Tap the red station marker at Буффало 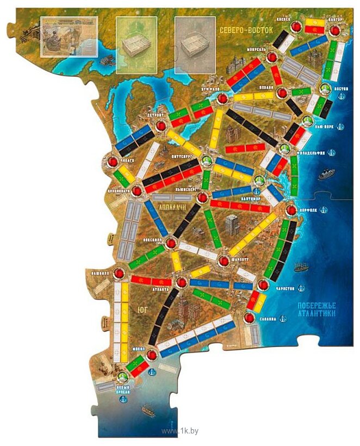(x=222, y=98)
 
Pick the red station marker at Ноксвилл (x=171, y=244)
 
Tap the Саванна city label (x=268, y=319)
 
